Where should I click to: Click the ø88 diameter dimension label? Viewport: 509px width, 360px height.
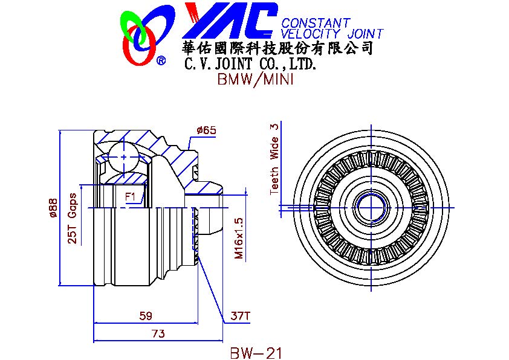point(53,207)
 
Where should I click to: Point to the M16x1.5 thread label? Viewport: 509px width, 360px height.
point(238,238)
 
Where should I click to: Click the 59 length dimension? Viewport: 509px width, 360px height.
point(145,315)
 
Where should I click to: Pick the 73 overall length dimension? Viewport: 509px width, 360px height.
point(158,333)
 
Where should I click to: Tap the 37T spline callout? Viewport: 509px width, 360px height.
point(241,315)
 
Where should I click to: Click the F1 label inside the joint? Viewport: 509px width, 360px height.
point(130,196)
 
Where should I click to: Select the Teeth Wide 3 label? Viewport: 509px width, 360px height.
point(274,158)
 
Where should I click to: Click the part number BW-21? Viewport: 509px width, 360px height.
point(256,352)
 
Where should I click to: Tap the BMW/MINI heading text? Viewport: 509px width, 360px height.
point(254,80)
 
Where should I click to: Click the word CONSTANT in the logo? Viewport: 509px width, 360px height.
point(316,24)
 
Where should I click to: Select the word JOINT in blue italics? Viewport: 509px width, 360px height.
point(365,34)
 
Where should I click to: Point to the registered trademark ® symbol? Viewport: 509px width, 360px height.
point(161,60)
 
